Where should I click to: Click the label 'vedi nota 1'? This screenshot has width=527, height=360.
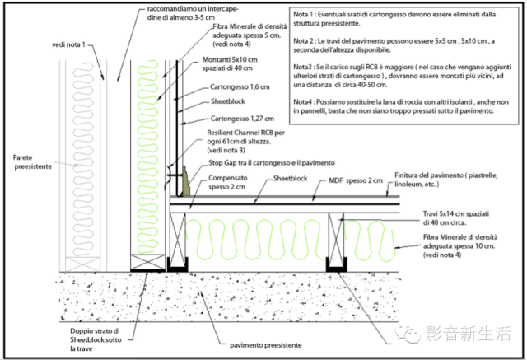click(68, 44)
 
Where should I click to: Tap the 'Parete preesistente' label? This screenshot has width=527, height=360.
click(33, 161)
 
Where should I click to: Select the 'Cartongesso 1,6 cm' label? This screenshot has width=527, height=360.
click(240, 87)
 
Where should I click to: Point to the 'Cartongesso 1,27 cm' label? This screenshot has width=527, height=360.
click(242, 119)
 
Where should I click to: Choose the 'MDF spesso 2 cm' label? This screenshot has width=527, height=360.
click(356, 181)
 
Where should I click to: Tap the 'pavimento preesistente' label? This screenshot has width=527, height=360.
click(265, 345)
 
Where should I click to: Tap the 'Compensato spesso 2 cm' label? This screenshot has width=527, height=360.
click(227, 182)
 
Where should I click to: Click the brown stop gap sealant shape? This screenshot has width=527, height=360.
click(186, 181)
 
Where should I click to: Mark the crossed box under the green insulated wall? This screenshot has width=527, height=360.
click(147, 263)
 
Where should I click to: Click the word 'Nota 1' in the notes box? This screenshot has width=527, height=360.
click(303, 15)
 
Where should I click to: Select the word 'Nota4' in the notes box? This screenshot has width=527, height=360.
click(302, 102)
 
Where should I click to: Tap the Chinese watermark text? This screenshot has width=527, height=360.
click(469, 334)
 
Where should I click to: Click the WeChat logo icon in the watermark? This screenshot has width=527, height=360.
click(408, 334)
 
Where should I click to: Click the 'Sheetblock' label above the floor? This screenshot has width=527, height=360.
click(291, 179)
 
